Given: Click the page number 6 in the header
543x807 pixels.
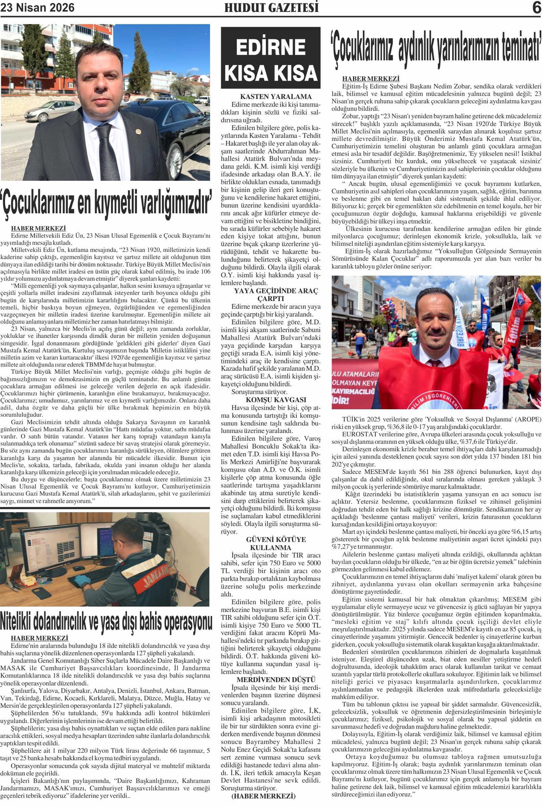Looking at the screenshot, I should coord(537,8).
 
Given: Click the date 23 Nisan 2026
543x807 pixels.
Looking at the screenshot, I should coord(37,8).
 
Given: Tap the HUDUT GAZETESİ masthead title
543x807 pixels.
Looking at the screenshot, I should coord(271,8).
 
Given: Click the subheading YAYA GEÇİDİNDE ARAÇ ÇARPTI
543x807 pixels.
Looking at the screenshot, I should coord(276,294).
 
